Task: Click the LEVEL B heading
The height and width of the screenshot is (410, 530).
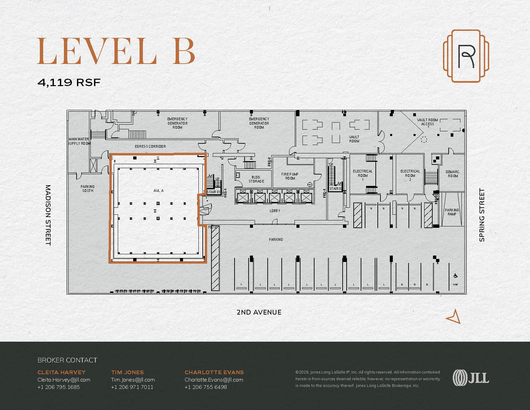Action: (x=116, y=51)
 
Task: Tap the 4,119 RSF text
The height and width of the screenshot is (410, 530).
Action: (x=69, y=82)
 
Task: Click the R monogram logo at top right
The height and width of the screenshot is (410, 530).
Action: (x=466, y=56)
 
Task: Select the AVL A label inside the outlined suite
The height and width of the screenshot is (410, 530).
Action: (x=158, y=191)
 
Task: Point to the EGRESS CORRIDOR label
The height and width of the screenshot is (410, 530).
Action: (x=150, y=146)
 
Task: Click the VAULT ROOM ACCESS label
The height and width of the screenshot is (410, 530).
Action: (x=427, y=122)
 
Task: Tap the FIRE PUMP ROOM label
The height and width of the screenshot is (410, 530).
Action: (x=290, y=176)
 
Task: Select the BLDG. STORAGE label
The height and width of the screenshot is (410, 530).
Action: (x=256, y=179)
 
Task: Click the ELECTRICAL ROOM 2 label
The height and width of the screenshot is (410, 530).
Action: (x=410, y=175)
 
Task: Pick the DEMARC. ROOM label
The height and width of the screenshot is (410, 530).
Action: (x=453, y=174)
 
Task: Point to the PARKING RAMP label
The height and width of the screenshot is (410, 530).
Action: (x=452, y=212)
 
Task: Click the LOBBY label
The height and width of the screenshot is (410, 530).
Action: (x=275, y=211)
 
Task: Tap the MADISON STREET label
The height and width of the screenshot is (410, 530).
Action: (x=48, y=215)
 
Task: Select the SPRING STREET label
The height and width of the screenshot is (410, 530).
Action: (x=482, y=215)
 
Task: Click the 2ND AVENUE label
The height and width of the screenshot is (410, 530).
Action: (x=259, y=312)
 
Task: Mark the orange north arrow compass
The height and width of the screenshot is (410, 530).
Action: (x=454, y=317)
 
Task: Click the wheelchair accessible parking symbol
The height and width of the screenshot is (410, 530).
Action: (x=455, y=276)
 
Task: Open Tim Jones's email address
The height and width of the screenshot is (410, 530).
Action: (x=133, y=380)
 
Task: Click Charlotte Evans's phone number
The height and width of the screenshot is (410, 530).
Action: (x=205, y=387)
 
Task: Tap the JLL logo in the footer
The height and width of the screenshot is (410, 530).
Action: (x=470, y=378)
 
